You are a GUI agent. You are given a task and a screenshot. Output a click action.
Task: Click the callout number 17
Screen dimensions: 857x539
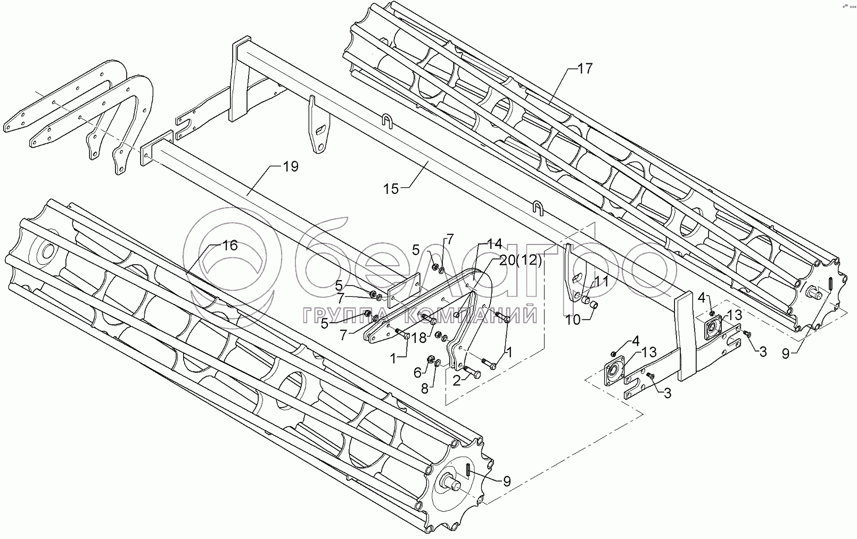tap(585, 69)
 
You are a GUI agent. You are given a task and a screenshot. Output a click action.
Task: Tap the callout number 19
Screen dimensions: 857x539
tap(291, 167)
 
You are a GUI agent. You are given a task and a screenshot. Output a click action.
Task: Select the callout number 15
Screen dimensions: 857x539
tap(391, 189)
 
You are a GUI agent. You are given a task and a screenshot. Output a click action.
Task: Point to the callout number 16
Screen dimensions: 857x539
tap(230, 246)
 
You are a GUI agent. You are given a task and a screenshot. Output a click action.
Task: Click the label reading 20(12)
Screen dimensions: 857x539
tap(521, 260)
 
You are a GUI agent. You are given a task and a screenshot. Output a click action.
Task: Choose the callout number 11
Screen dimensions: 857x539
tap(601, 282)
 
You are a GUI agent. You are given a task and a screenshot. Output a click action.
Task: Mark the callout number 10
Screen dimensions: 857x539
tap(573, 320)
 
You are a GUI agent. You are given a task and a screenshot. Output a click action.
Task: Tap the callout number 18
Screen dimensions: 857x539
tap(419, 338)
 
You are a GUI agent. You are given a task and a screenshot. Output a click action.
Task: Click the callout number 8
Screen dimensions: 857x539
tap(424, 389)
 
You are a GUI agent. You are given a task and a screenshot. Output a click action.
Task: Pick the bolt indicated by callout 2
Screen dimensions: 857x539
tap(472, 372)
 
